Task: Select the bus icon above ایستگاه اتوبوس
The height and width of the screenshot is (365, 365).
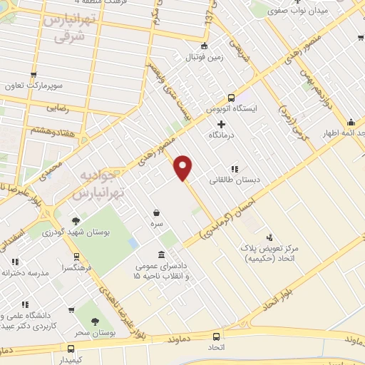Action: coord(230,98)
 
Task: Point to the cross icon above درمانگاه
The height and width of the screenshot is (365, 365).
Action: coord(222,123)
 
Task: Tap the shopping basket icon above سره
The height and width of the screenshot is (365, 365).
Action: coord(156,212)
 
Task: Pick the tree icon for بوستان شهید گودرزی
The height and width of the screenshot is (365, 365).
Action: coord(76,221)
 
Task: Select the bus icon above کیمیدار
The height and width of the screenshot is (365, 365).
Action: coord(71,349)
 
